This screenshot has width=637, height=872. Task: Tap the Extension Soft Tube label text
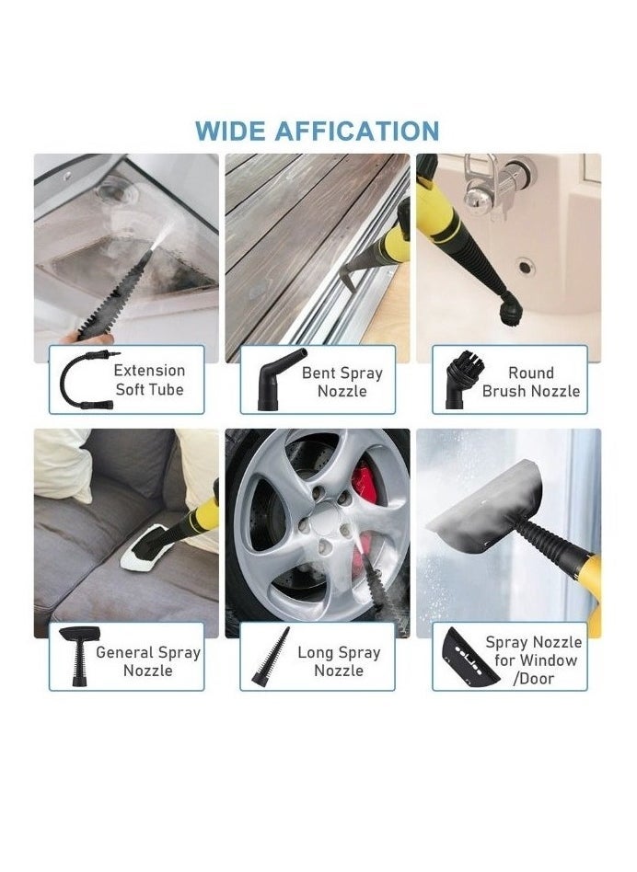[149, 380]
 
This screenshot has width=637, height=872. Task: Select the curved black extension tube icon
[82, 379]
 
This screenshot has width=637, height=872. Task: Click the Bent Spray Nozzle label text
[342, 382]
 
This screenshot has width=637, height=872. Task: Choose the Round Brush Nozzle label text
[530, 382]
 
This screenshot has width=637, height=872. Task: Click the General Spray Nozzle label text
[147, 661]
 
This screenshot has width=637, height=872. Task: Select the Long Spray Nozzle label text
[338, 661]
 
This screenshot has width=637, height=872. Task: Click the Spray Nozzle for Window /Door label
[534, 660]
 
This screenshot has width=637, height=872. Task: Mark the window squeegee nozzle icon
[469, 657]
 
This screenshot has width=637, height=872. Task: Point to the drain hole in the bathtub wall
[525, 267]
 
